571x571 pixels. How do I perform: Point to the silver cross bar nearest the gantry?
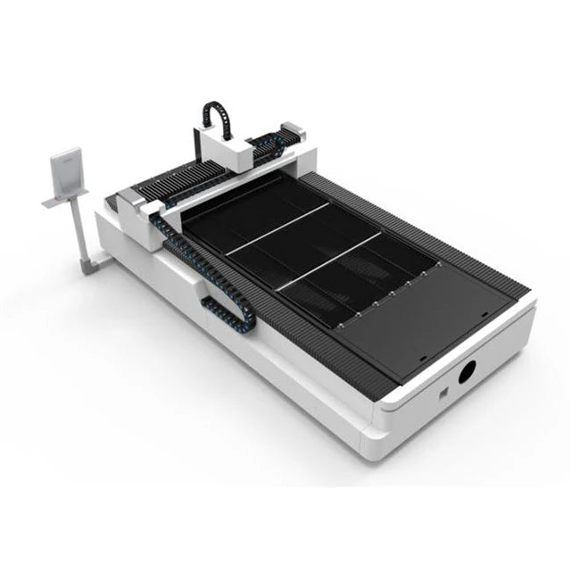click(x=277, y=229)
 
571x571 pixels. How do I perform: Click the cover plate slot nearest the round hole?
click(x=419, y=360)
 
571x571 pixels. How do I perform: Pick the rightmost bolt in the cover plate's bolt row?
click(x=438, y=265)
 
